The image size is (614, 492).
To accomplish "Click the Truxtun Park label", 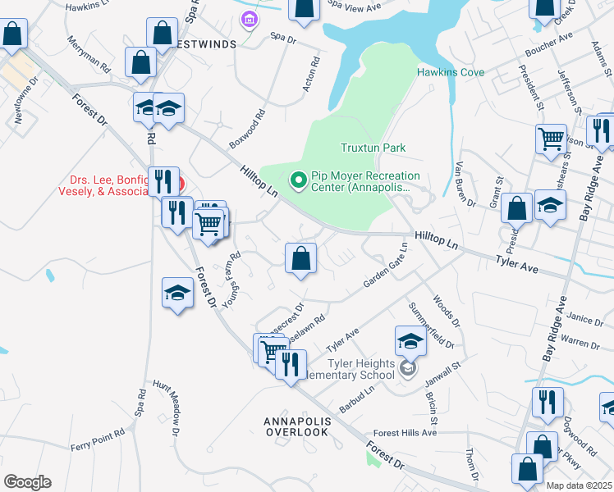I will tap(373, 148).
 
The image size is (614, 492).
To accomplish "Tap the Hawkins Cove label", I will tap(451, 72).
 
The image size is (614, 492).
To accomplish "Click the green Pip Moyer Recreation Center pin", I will tap(297, 178).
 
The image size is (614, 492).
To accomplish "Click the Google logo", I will tap(26, 481).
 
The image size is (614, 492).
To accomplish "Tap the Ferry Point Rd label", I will tap(98, 439).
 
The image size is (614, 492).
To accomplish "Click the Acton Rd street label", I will tap(311, 74).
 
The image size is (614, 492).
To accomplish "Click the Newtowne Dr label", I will tap(25, 101).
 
